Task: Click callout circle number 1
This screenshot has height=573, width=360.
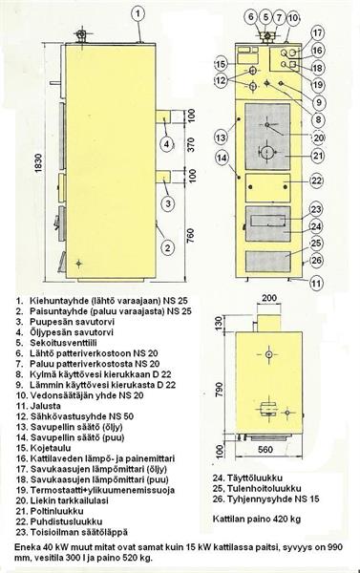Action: point(138,14)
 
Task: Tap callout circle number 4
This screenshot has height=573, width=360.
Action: point(167,143)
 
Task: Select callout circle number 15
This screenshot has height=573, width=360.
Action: point(221,65)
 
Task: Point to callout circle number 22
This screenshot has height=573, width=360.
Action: point(317,180)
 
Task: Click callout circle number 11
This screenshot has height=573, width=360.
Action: point(317,283)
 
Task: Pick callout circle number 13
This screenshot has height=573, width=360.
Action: point(222,138)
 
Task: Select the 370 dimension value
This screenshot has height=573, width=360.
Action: point(190,145)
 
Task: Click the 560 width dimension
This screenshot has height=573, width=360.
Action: point(265,449)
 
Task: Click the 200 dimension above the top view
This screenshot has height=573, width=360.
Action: point(269,299)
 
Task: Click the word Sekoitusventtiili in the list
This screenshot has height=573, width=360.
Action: point(63,343)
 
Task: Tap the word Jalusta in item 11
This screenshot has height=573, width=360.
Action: point(45,406)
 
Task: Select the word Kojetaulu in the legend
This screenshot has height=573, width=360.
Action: point(51,448)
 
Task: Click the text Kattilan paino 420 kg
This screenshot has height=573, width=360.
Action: point(257,519)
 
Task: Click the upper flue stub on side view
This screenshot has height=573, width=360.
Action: point(164,117)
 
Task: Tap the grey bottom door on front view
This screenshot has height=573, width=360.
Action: point(268,262)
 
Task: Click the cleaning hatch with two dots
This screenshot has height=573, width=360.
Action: point(268,187)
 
